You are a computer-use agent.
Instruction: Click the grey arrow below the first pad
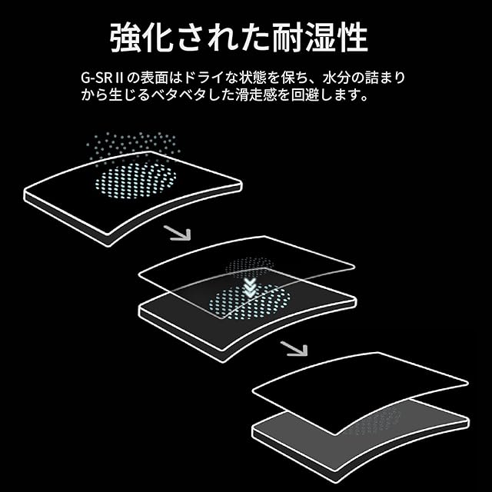click(x=178, y=232)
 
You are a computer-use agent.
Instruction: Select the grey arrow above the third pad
click(x=294, y=347)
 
